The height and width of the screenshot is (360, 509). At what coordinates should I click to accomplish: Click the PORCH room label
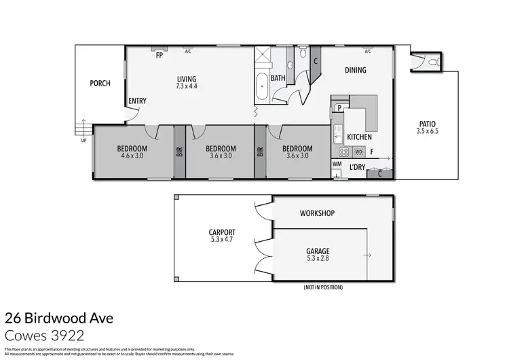(100, 84)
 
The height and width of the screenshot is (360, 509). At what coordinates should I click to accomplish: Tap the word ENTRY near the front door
(137, 101)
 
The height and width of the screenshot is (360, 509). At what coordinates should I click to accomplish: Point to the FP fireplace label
(159, 56)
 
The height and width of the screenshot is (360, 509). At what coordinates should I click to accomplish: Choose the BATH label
(278, 78)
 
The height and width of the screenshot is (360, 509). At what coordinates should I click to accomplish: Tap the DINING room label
(355, 70)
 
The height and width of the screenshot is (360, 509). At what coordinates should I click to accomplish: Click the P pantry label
(337, 107)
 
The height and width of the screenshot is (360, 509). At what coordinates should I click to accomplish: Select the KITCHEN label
(359, 137)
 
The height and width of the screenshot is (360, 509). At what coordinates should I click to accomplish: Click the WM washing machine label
(337, 164)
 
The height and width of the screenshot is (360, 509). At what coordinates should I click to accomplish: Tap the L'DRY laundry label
(358, 167)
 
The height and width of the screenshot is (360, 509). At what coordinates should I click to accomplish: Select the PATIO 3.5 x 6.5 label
(428, 127)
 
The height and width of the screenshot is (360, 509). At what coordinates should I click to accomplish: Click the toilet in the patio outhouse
(433, 61)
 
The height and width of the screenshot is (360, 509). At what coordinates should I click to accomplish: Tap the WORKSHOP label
(318, 213)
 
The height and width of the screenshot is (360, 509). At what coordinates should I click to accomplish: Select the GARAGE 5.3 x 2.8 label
(318, 255)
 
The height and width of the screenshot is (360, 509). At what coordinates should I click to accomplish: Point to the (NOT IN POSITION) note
(323, 287)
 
